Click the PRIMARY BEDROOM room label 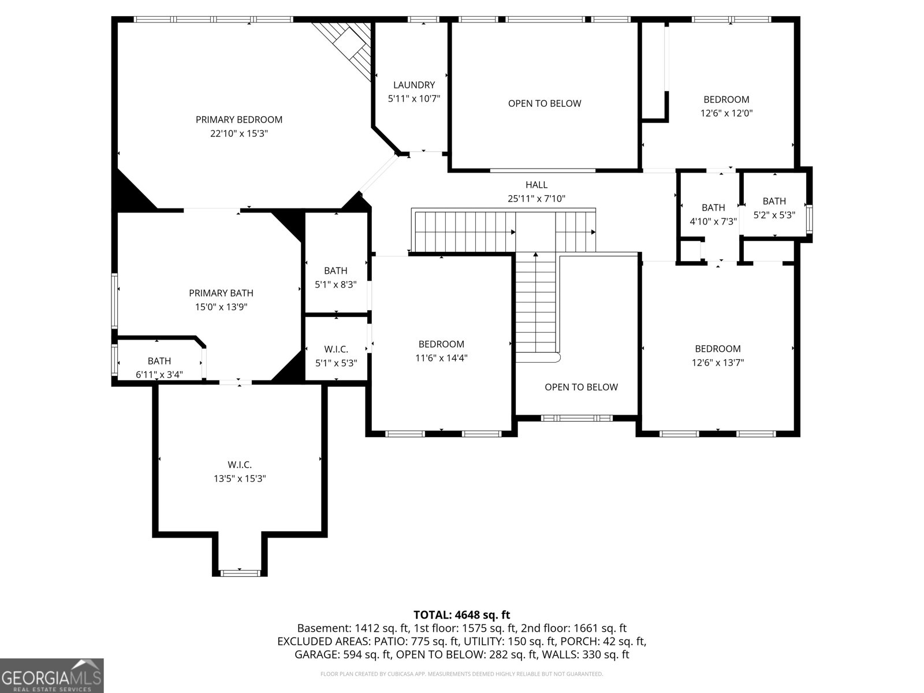click(x=239, y=120)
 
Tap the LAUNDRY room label click(x=414, y=85)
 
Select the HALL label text click(x=536, y=185)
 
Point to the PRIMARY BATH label click(x=221, y=293)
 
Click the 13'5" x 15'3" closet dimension click(x=240, y=478)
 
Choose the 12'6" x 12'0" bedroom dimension click(x=726, y=113)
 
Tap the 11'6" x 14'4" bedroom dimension click(x=441, y=358)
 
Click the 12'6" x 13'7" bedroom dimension click(x=718, y=363)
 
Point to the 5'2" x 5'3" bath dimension click(x=774, y=215)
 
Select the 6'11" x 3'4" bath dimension click(x=159, y=374)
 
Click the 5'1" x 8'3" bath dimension click(x=336, y=285)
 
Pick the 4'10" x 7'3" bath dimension click(x=713, y=221)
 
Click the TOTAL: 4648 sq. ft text click(x=462, y=615)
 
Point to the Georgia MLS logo click(x=51, y=676)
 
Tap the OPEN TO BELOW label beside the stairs click(x=581, y=387)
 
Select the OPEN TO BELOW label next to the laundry click(x=545, y=103)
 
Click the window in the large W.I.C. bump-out click(x=240, y=573)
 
